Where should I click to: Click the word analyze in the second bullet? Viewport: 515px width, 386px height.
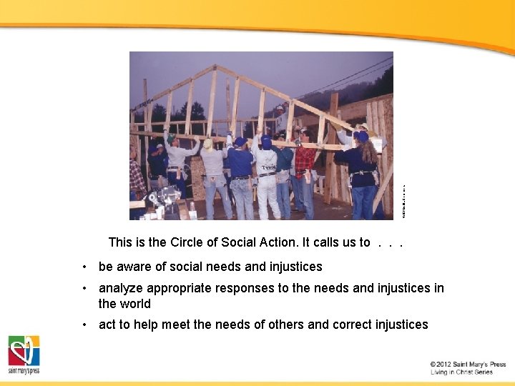click(120, 288)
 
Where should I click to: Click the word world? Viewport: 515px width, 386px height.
click(135, 303)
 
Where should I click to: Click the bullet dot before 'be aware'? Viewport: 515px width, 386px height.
click(84, 267)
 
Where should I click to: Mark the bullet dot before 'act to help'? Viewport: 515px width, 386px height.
click(84, 325)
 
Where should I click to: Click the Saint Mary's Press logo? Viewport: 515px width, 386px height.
click(24, 355)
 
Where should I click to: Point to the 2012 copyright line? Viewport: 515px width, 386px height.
click(468, 365)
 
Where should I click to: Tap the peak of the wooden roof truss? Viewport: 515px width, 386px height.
click(215, 66)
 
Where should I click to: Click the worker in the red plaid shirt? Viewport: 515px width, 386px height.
click(305, 172)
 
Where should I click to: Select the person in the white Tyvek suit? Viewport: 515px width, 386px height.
click(267, 175)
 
